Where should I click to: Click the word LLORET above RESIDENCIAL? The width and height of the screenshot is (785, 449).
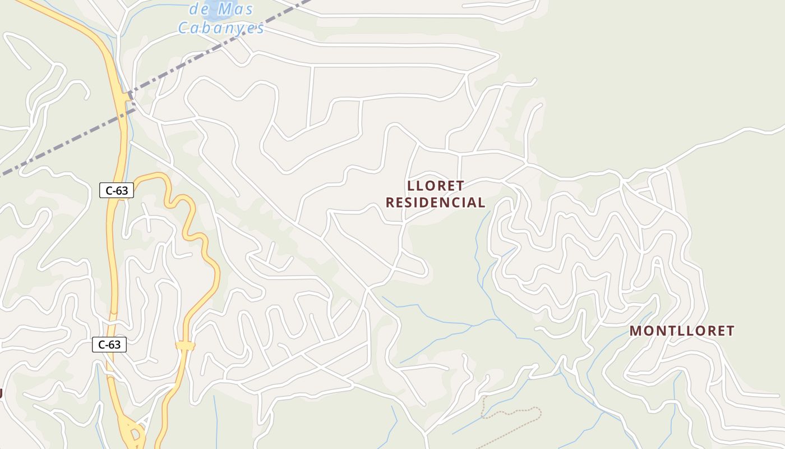coord(436,186)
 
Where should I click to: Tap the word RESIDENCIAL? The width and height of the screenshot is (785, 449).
coord(435,203)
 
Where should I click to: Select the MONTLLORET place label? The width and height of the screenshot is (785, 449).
coord(681,331)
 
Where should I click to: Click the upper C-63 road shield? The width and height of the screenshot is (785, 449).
coord(117,190)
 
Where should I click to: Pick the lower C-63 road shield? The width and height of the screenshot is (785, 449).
coord(109,345)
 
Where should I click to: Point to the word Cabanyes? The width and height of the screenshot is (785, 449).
coord(221,28)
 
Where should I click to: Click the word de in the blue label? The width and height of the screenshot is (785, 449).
coord(199,10)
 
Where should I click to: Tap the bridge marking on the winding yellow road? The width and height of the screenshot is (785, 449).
coord(185,346)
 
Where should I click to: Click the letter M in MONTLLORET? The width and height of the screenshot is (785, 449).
coord(635,331)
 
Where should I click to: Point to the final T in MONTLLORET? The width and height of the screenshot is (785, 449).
coord(729,331)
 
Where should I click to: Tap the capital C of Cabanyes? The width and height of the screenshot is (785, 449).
coord(183,28)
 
